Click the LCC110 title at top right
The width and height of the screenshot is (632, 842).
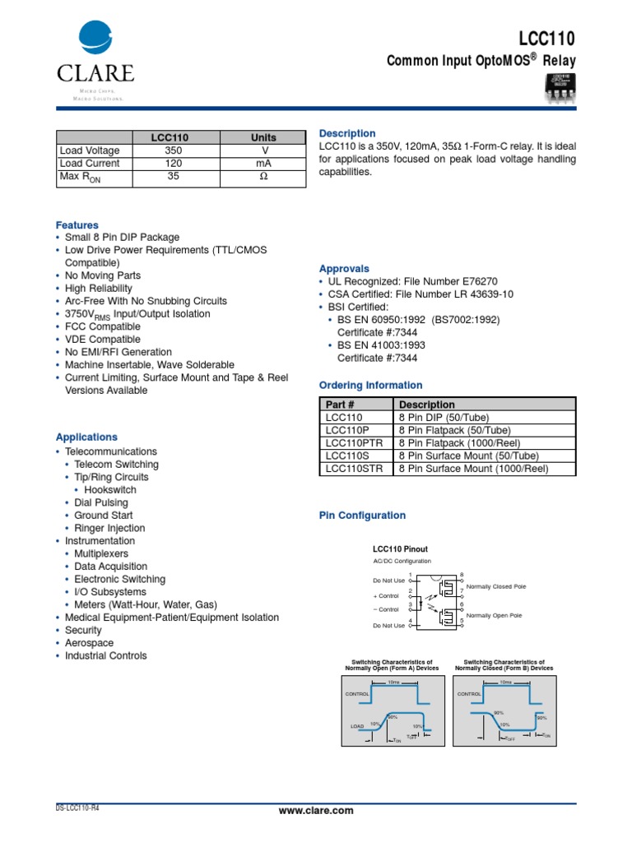point(546,39)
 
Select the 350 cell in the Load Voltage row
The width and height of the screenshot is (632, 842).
point(173,150)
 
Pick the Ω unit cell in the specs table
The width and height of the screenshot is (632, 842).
point(263,177)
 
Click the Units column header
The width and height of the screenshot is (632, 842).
point(263,137)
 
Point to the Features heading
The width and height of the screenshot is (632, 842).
point(77,224)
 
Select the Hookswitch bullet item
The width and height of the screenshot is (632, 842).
point(110,490)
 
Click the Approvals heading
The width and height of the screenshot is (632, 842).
point(344,269)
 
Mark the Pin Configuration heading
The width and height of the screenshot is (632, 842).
point(362,516)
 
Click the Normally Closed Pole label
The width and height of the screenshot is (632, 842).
point(496,586)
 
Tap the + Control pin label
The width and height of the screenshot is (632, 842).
point(386,594)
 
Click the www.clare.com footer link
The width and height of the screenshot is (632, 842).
point(316,811)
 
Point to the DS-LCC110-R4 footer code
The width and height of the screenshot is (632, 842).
point(77,807)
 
